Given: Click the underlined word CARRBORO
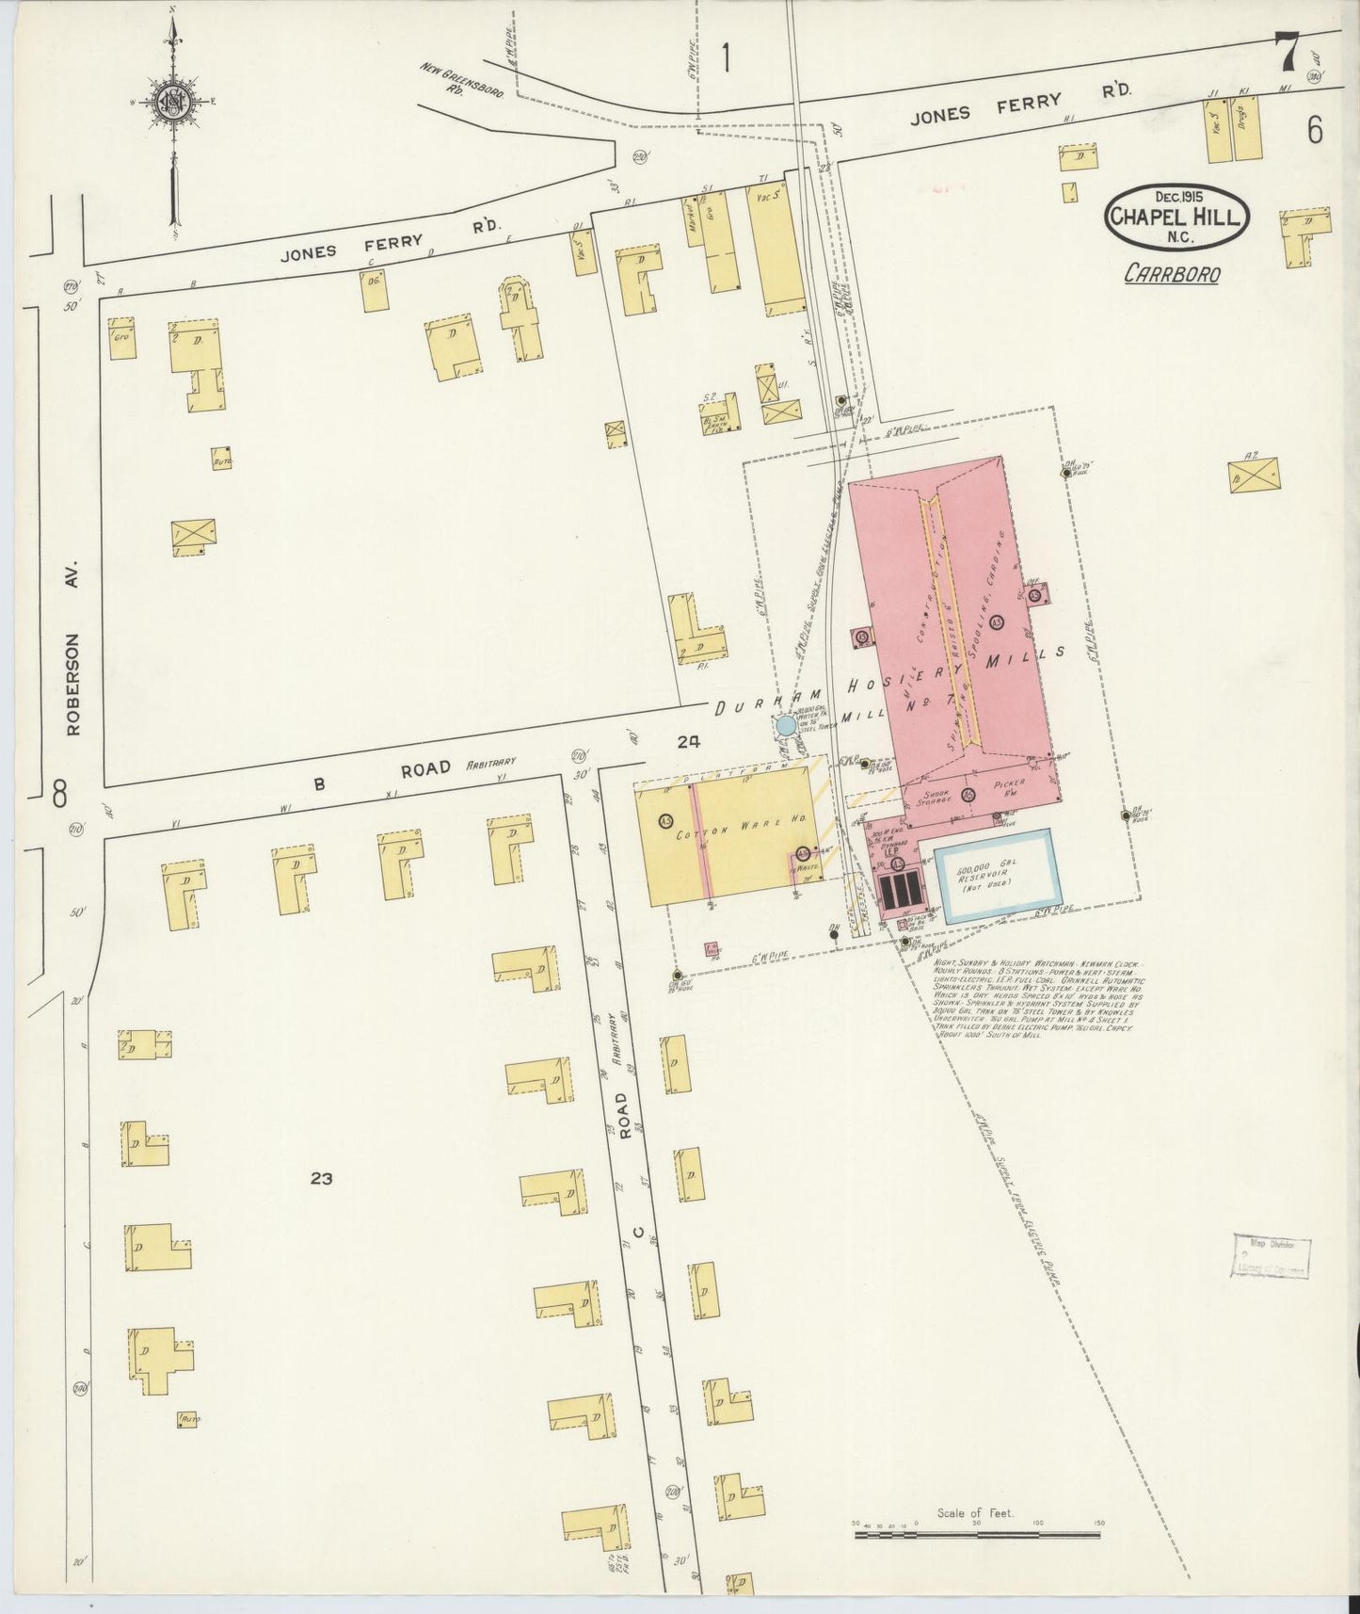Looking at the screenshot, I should pos(1172,274).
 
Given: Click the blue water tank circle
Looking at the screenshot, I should pos(785,725).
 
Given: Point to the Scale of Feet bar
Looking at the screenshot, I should pos(976,1535).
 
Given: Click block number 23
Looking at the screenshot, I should pos(321,1177).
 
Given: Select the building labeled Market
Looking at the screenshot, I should pos(697,220).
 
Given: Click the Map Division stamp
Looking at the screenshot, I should pos(1270,1255).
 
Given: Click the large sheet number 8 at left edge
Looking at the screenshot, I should pos(59,796).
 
